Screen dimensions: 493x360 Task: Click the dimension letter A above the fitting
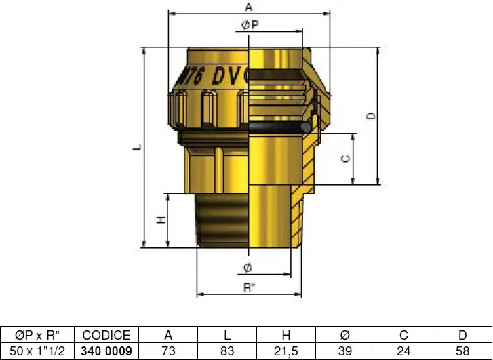(x=248, y=7)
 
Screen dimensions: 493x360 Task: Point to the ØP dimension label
(x=250, y=24)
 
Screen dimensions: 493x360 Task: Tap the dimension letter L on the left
(x=137, y=147)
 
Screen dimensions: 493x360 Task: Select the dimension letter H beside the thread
(x=161, y=220)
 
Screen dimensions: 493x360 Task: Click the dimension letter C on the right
(x=346, y=159)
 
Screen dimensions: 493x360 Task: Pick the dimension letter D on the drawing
(x=372, y=116)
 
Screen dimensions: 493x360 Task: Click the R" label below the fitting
(x=249, y=287)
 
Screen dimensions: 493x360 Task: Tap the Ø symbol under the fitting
(x=248, y=268)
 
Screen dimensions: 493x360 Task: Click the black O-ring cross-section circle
(x=306, y=127)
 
